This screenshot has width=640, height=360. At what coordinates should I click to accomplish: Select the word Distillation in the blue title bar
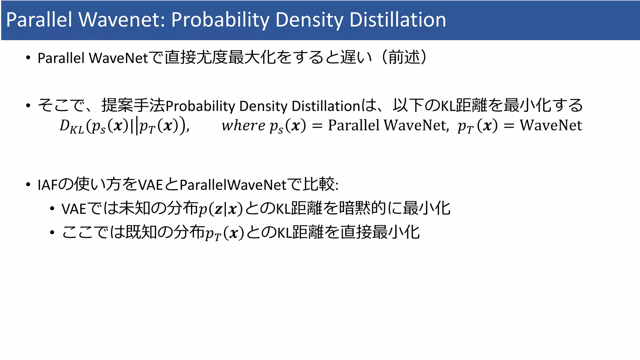click(397, 20)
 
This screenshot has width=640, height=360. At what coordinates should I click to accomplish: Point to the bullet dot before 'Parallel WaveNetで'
click(28, 58)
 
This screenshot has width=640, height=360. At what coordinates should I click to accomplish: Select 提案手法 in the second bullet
click(133, 105)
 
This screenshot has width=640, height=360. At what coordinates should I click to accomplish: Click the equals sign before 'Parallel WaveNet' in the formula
click(317, 126)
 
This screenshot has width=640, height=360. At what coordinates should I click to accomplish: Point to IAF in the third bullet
click(47, 185)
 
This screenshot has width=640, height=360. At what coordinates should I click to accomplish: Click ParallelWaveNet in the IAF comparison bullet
click(233, 185)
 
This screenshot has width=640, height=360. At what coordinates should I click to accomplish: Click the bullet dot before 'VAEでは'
click(52, 209)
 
